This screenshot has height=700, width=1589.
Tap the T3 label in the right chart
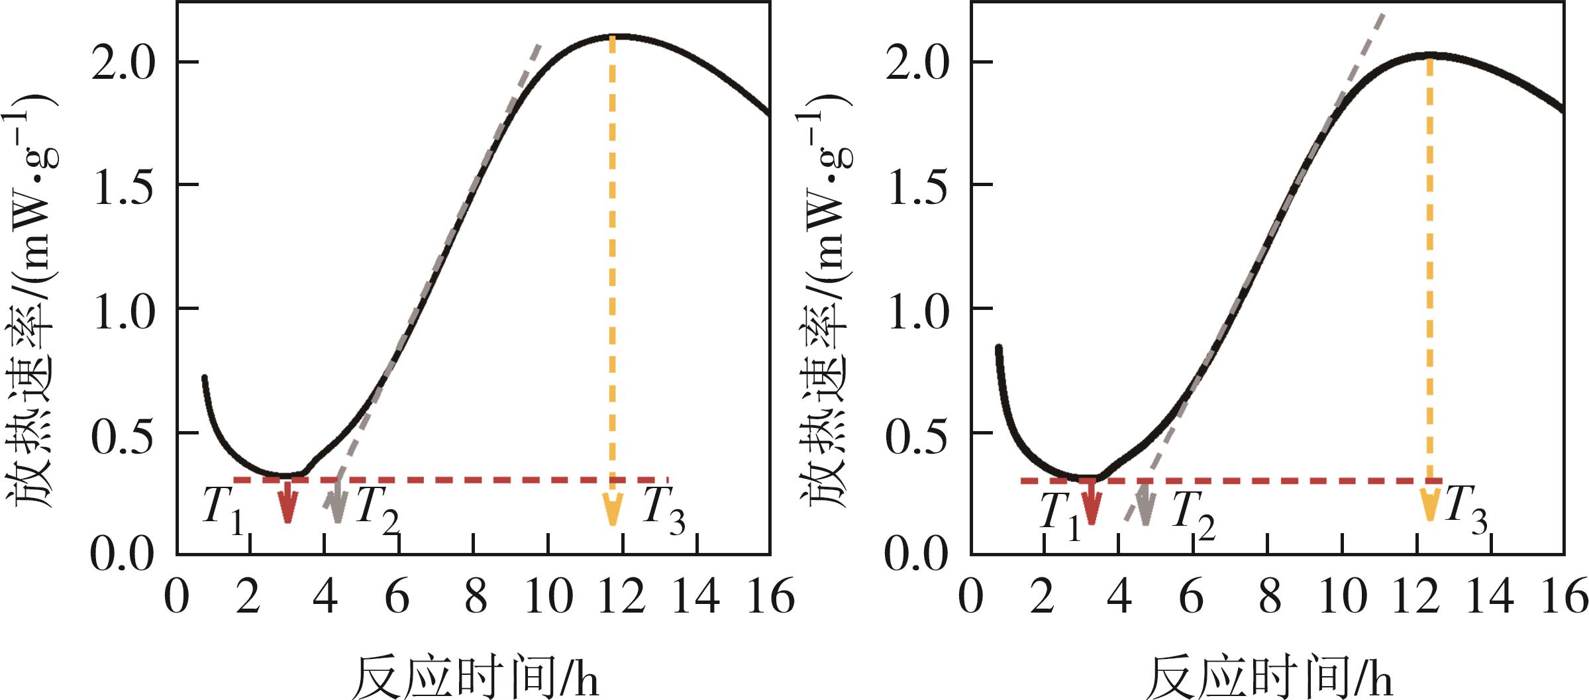point(1466,510)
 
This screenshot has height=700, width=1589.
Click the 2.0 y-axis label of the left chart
point(123,64)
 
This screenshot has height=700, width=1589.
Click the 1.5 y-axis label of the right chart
point(917,186)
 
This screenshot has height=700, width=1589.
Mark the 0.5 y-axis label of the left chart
point(123,436)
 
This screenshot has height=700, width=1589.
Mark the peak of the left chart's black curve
point(619,36)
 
